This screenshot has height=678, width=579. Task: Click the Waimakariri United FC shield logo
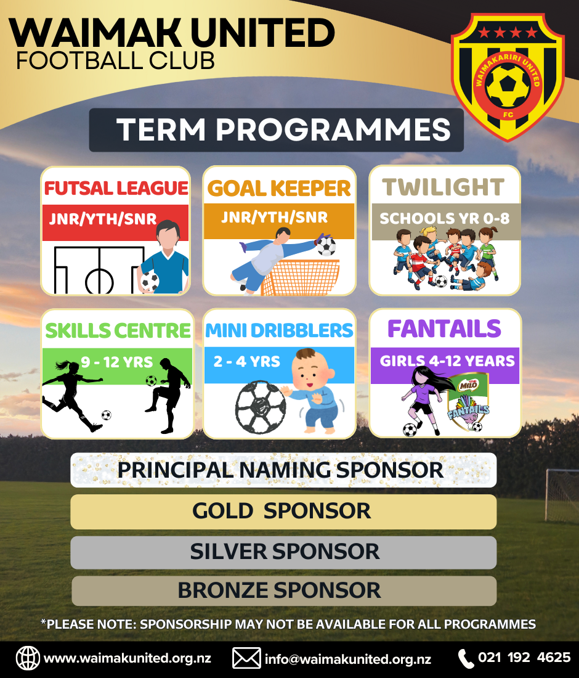click(508, 77)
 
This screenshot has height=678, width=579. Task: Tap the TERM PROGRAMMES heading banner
click(276, 129)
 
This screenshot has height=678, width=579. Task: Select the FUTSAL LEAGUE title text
click(116, 188)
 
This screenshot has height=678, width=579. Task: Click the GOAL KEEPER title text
click(279, 188)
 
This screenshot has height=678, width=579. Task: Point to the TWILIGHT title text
click(443, 187)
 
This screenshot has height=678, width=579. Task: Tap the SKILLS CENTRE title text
click(118, 331)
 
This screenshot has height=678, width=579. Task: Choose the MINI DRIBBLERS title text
click(279, 330)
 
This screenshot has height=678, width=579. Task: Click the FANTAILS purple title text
click(444, 329)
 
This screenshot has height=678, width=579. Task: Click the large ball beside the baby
click(261, 407)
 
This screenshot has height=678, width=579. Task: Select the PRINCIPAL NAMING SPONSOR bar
click(283, 470)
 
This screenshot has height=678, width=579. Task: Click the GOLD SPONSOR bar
click(283, 512)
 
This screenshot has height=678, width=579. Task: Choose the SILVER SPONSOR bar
click(283, 552)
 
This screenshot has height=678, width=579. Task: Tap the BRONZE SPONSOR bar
click(284, 590)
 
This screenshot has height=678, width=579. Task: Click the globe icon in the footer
click(28, 658)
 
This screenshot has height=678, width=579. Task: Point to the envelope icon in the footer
click(246, 658)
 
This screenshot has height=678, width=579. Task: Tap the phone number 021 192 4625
click(524, 658)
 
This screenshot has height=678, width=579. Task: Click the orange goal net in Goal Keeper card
click(301, 277)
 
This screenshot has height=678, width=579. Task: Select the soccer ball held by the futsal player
click(150, 282)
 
